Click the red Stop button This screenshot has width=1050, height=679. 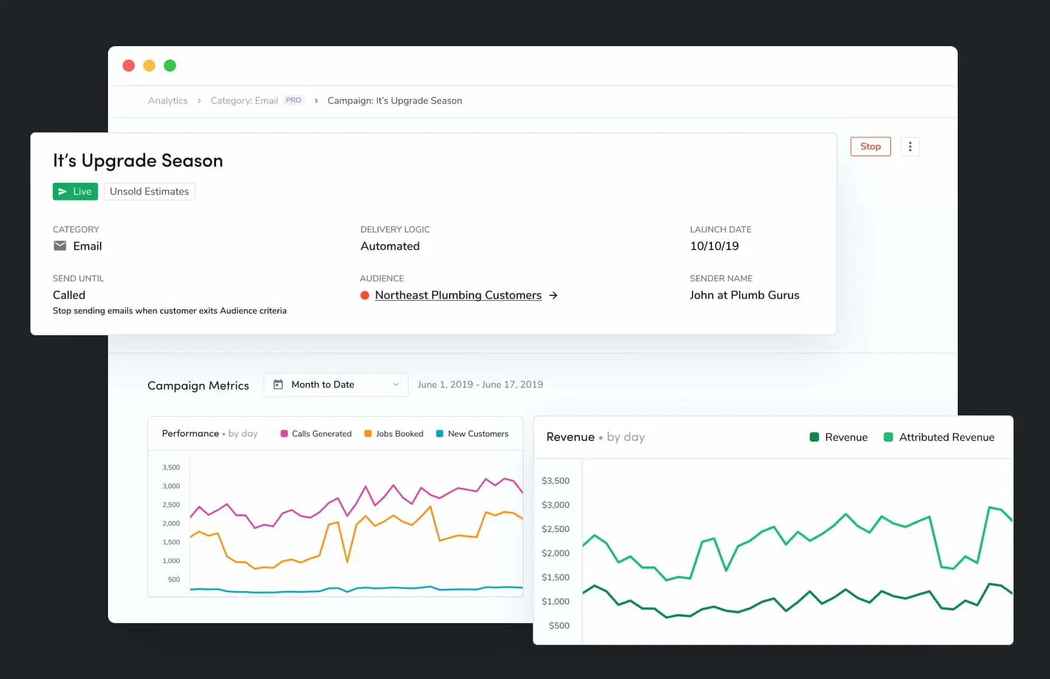coord(870,146)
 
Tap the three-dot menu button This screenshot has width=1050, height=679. coord(910,146)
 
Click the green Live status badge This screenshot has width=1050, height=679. coord(75,191)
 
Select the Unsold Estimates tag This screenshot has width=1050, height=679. coord(149,191)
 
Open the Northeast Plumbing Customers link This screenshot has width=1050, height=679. coord(458,295)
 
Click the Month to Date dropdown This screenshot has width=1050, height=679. coord(336,384)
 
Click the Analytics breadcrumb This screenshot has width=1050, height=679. coord(168,101)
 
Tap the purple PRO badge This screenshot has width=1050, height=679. coord(293,100)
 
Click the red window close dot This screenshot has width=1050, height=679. coord(129,66)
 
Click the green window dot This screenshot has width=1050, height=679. coord(170,66)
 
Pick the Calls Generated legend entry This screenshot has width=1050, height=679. coord(316,434)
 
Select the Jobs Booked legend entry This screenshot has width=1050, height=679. coord(393,434)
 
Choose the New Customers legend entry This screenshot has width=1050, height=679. coord(472,434)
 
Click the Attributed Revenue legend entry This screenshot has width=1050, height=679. coord(939,437)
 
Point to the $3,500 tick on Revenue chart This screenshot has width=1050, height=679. coord(555,480)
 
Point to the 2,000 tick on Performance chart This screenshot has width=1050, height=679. coord(171,524)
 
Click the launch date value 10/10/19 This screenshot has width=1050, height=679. coord(714,246)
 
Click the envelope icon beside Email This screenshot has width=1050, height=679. coord(60,245)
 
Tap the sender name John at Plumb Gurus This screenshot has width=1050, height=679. coord(744,295)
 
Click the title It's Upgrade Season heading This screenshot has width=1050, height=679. coord(138,160)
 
